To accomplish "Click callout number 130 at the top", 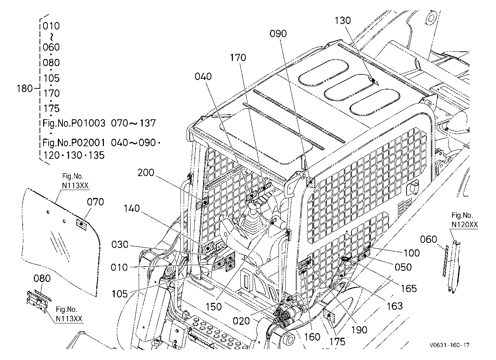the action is coord(343,20).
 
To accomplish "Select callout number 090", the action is coord(278,34).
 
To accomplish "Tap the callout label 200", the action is coord(146,172).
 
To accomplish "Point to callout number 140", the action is coord(132,208).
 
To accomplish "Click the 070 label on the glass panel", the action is coord(95,202).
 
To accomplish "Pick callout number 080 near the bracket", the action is coord(42,278).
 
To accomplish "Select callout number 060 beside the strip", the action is coord(429,239).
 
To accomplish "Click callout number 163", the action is coord(395,306).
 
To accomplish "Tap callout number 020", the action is coord(242,321).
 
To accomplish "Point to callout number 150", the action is coord(214,307).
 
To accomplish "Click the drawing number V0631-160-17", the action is coord(450,345).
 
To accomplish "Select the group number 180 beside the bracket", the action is coord(25,88).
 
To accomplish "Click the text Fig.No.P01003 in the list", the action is coord(74,123).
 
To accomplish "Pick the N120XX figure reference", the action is coord(465,225).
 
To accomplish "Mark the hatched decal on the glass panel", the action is coord(81,224).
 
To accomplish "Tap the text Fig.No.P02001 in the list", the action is coord(74,143).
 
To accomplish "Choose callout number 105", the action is coord(120,294).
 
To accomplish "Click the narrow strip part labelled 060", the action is coord(445,261).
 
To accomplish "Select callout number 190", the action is coord(359,330).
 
